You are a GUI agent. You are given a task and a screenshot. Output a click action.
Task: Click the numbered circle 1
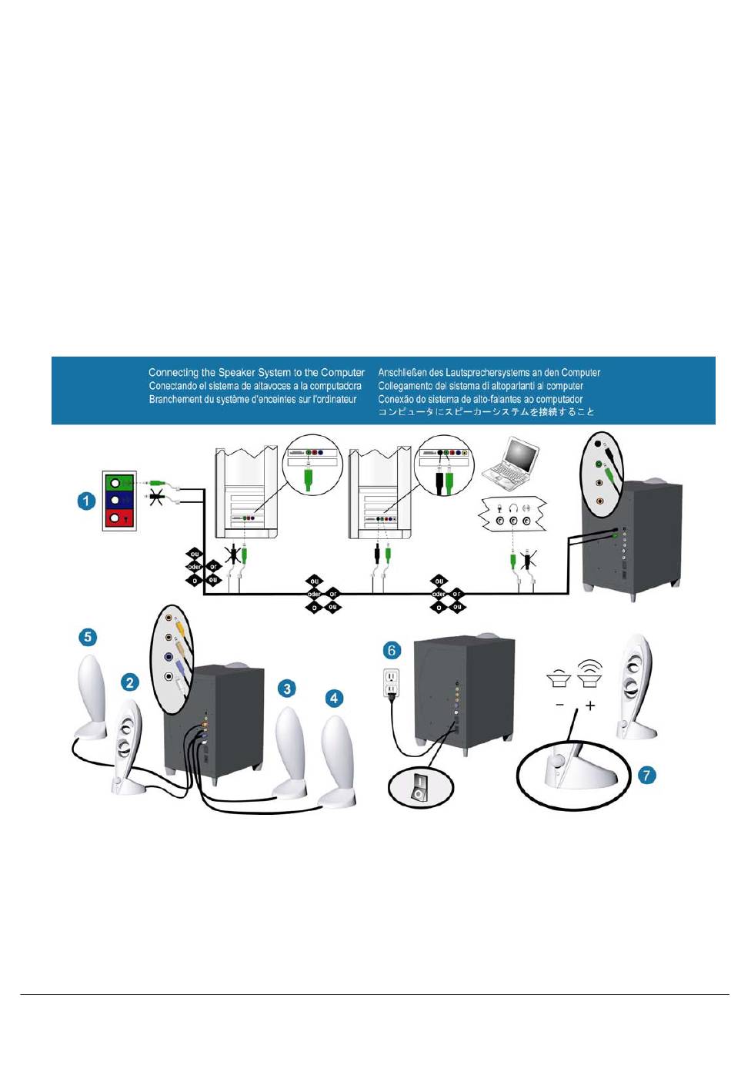(x=86, y=501)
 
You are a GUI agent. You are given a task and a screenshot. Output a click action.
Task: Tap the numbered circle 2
(x=130, y=682)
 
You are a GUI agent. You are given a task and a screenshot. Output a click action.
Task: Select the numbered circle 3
(x=287, y=688)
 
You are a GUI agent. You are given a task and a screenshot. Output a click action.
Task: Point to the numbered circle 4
(x=334, y=698)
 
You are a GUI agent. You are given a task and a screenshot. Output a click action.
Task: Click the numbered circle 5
(x=88, y=637)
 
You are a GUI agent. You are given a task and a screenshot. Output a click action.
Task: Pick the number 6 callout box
(x=392, y=651)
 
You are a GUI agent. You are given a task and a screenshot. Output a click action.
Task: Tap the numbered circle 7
(x=647, y=775)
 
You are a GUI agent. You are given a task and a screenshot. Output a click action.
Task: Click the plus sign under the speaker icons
(x=590, y=705)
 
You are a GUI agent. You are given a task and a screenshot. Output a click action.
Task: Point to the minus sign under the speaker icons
(x=559, y=705)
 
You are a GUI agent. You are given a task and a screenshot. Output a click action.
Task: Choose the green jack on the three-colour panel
(x=115, y=483)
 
